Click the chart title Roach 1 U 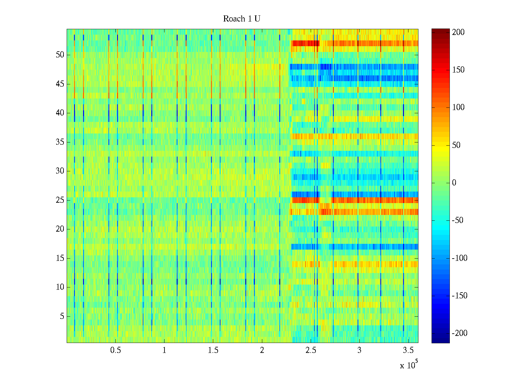(241, 19)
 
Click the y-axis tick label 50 (60, 55)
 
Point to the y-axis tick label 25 (60, 200)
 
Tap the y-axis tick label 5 (62, 316)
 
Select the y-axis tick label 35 (60, 142)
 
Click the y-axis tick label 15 (60, 258)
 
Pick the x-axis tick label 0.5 (115, 350)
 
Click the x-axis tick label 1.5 (213, 350)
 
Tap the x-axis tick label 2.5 (311, 350)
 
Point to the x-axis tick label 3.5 (408, 350)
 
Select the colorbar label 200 (458, 32)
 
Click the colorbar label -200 (459, 333)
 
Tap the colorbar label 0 (454, 183)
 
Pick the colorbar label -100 (459, 258)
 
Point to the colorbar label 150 (458, 70)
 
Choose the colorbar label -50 (458, 220)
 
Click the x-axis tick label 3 (359, 350)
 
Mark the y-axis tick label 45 (60, 84)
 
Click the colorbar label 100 (458, 107)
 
